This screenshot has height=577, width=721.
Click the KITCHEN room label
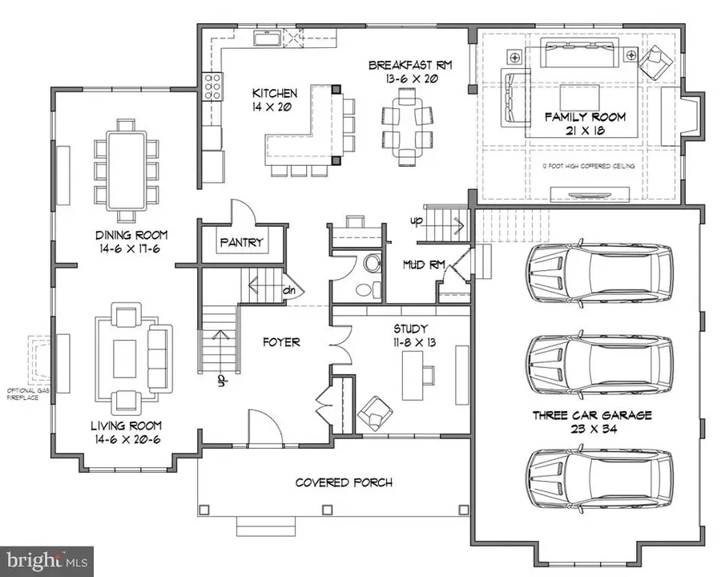pyautogui.click(x=275, y=93)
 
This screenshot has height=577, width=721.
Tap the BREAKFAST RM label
pyautogui.click(x=411, y=66)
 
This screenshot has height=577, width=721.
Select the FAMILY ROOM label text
pyautogui.click(x=585, y=117)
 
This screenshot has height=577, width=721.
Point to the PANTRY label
pyautogui.click(x=241, y=242)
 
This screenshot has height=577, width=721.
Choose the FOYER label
pyautogui.click(x=281, y=342)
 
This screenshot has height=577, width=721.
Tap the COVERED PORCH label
pyautogui.click(x=344, y=482)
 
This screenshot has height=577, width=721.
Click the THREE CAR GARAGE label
pyautogui.click(x=592, y=415)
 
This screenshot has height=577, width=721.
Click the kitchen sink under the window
pyautogui.click(x=265, y=38)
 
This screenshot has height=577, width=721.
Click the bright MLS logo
pyautogui.click(x=46, y=560)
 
